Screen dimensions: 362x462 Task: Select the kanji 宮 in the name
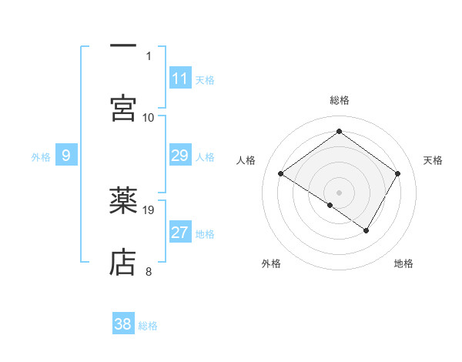123,107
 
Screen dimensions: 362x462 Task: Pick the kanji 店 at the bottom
123,262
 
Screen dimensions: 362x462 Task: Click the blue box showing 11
180,79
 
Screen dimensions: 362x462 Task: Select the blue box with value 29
180,156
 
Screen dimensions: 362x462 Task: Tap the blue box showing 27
180,233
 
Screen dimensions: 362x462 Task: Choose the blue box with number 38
123,324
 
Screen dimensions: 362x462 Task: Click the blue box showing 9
66,156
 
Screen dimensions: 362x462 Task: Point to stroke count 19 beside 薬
149,209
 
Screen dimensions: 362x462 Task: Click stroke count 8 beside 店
149,270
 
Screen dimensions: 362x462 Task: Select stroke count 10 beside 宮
149,117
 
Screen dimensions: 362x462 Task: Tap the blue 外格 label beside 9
41,156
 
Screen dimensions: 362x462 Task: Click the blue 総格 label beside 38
148,326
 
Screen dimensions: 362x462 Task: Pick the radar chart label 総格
340,100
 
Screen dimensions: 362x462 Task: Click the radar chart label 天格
433,160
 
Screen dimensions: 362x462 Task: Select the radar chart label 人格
246,160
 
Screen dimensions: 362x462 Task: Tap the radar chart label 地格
403,263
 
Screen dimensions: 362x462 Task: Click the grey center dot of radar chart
340,192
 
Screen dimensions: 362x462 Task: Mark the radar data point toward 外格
330,205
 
